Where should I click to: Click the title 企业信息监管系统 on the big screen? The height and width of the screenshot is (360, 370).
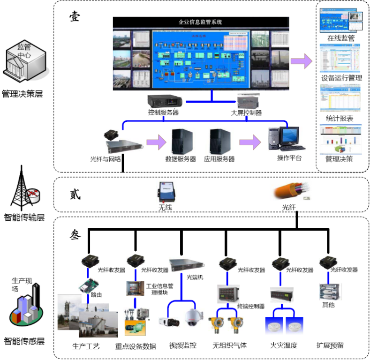click(200, 22)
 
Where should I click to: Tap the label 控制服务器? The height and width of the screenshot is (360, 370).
click(163, 112)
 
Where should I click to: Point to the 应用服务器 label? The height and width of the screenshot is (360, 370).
click(219, 159)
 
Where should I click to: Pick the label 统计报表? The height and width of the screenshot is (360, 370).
click(340, 118)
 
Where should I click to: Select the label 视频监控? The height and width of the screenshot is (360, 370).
click(183, 345)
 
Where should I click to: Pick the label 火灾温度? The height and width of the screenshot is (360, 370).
click(284, 345)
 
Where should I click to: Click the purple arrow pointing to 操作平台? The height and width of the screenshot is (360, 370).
click(249, 142)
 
